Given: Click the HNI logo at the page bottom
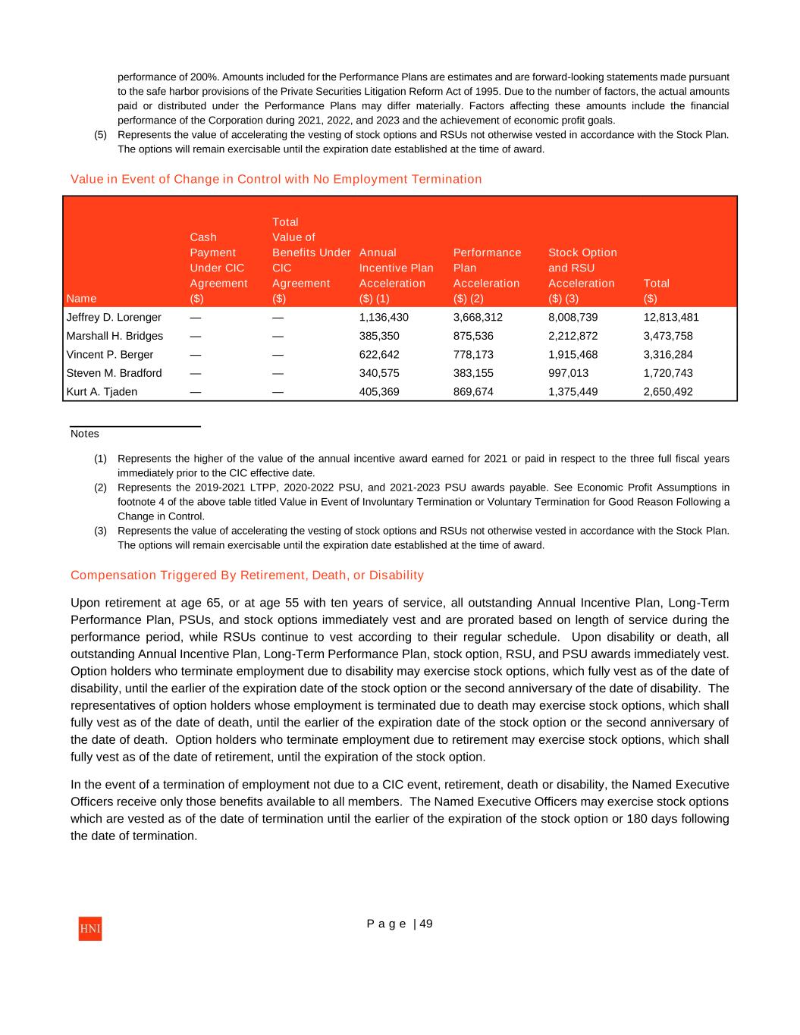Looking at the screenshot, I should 89,929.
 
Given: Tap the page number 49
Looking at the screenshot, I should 426,924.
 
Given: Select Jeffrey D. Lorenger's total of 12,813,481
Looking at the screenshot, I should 670,317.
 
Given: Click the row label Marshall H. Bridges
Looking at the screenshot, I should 115,336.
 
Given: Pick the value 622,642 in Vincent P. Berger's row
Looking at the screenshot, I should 379,354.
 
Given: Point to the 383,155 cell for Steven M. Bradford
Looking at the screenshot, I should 473,373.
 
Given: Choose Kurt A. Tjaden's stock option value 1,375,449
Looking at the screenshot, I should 573,392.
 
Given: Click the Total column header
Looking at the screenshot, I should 656,283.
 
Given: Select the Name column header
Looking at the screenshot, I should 81,298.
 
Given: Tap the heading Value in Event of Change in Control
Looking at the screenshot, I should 276,179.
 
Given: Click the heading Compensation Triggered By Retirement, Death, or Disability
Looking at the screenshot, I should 247,575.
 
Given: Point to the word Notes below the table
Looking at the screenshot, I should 85,434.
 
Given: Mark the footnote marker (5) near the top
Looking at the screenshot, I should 100,135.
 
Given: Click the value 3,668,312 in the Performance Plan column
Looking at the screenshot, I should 478,317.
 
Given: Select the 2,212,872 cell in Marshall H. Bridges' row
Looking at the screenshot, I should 573,336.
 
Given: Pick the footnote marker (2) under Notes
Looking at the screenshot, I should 100,488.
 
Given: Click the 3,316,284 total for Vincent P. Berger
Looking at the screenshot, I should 667,354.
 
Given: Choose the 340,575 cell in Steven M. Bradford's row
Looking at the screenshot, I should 379,373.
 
